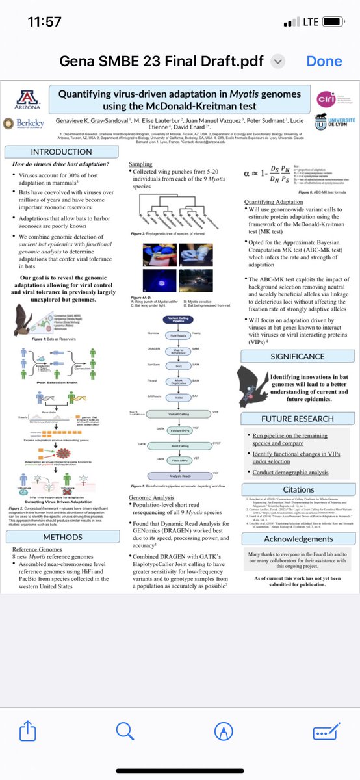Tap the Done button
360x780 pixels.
point(324,60)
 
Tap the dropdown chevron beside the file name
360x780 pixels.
point(277,60)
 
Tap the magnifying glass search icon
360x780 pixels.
point(124,731)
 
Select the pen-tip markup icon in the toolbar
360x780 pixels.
point(223,732)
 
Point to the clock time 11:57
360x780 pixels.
point(45,21)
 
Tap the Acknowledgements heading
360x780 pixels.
point(298,538)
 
